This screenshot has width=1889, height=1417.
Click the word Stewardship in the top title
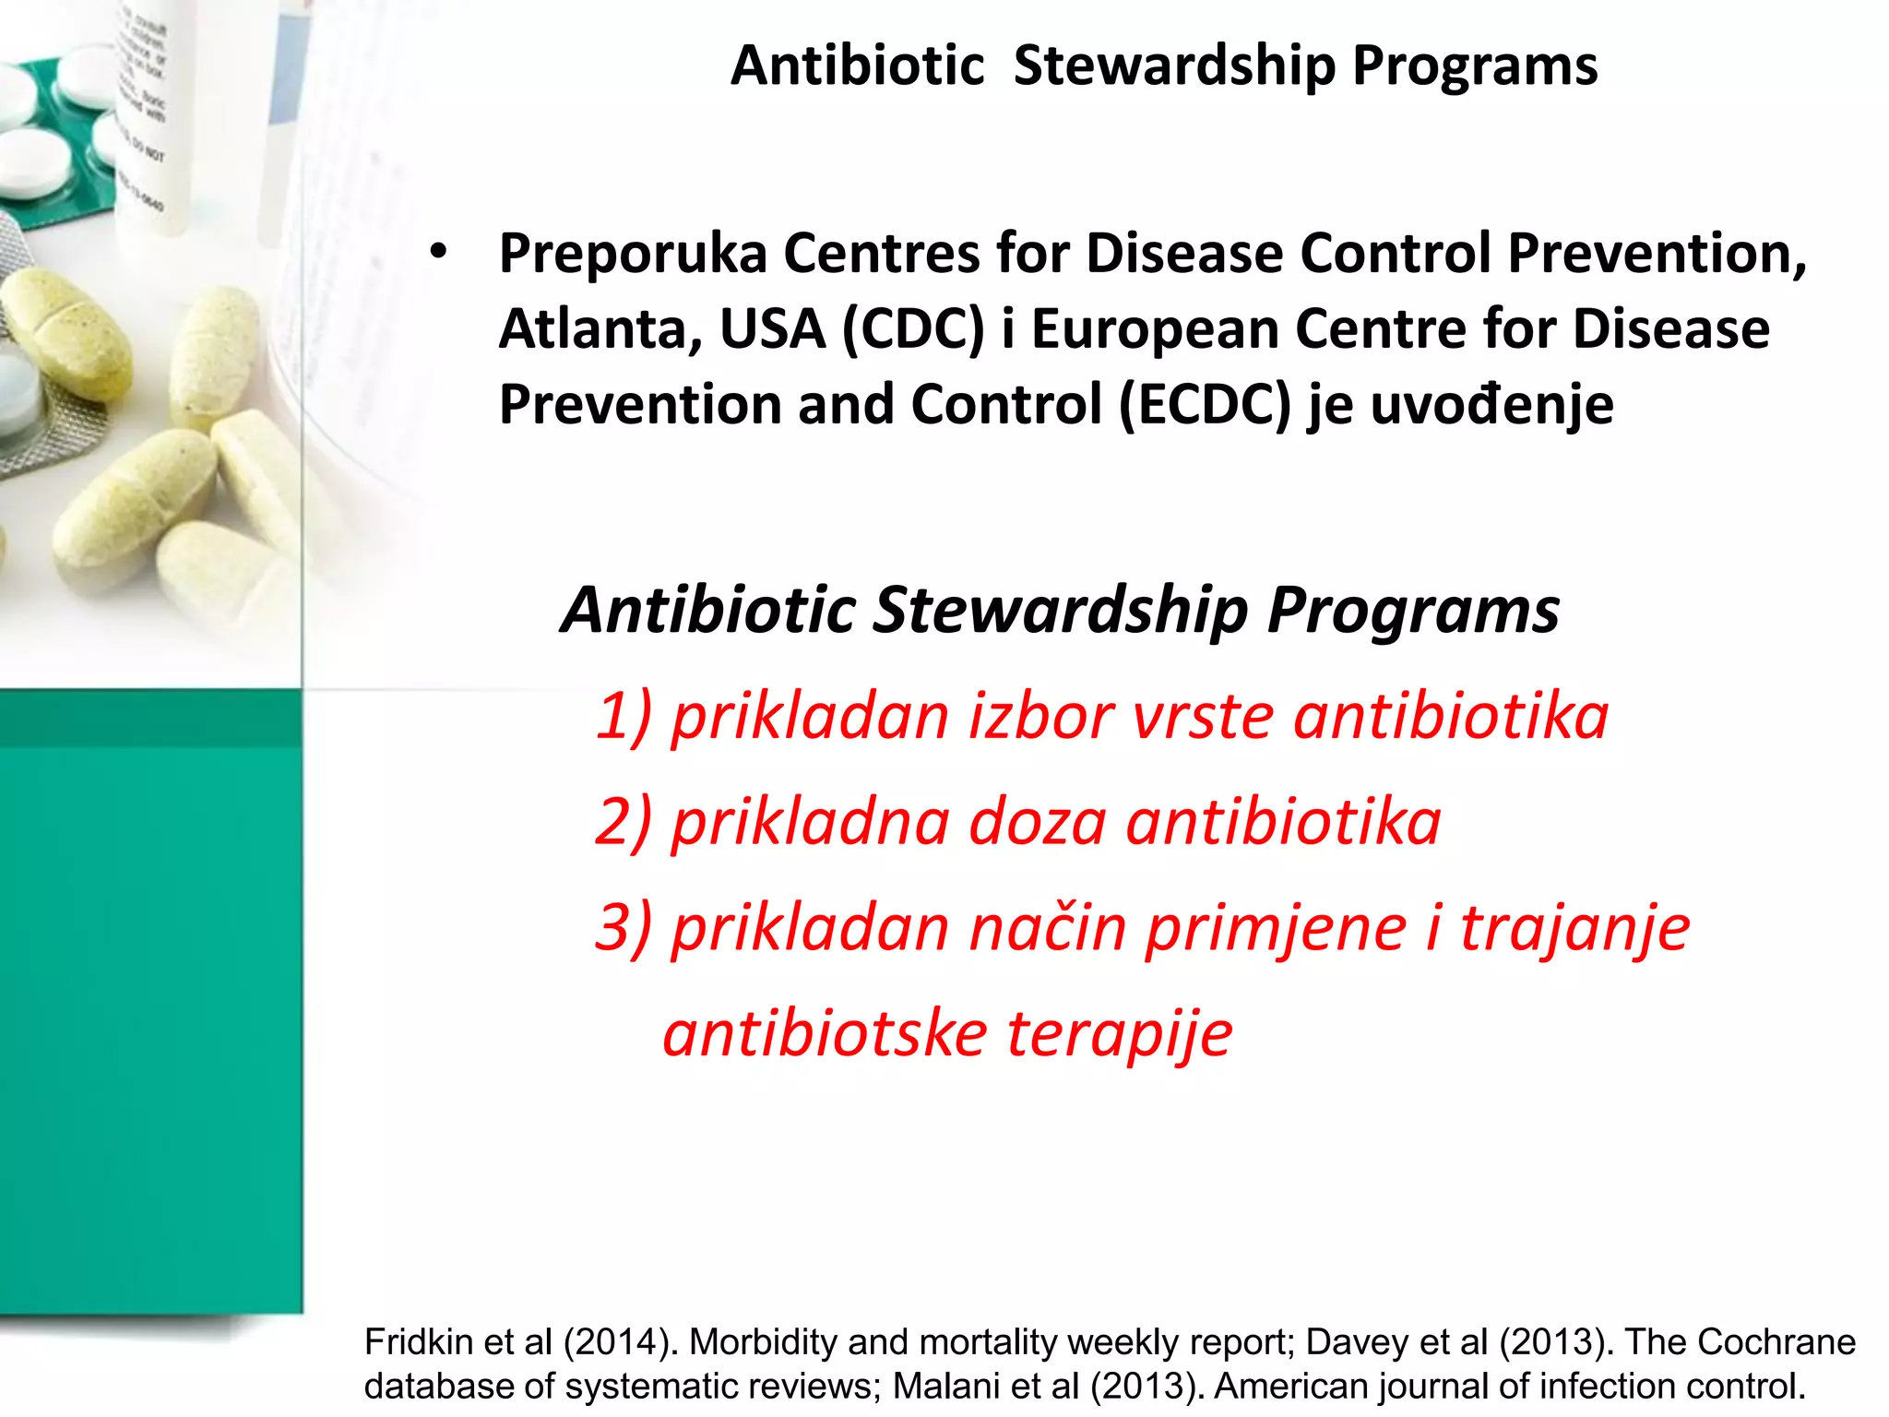coord(1173,66)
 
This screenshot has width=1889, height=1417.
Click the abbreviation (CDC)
coord(913,329)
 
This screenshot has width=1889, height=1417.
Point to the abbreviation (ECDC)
coord(1205,405)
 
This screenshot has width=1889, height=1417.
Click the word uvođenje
coord(1491,405)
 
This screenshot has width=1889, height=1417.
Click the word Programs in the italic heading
coord(1412,611)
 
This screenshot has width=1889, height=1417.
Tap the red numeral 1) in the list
coord(624,717)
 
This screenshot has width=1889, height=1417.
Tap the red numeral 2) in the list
coord(624,822)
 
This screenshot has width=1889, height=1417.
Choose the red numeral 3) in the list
coord(624,927)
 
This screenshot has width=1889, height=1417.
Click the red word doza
coord(1037,822)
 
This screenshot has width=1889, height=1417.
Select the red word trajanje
coord(1574,928)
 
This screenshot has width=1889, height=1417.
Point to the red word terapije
coord(1119,1034)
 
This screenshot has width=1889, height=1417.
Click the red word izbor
coord(1040,717)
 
